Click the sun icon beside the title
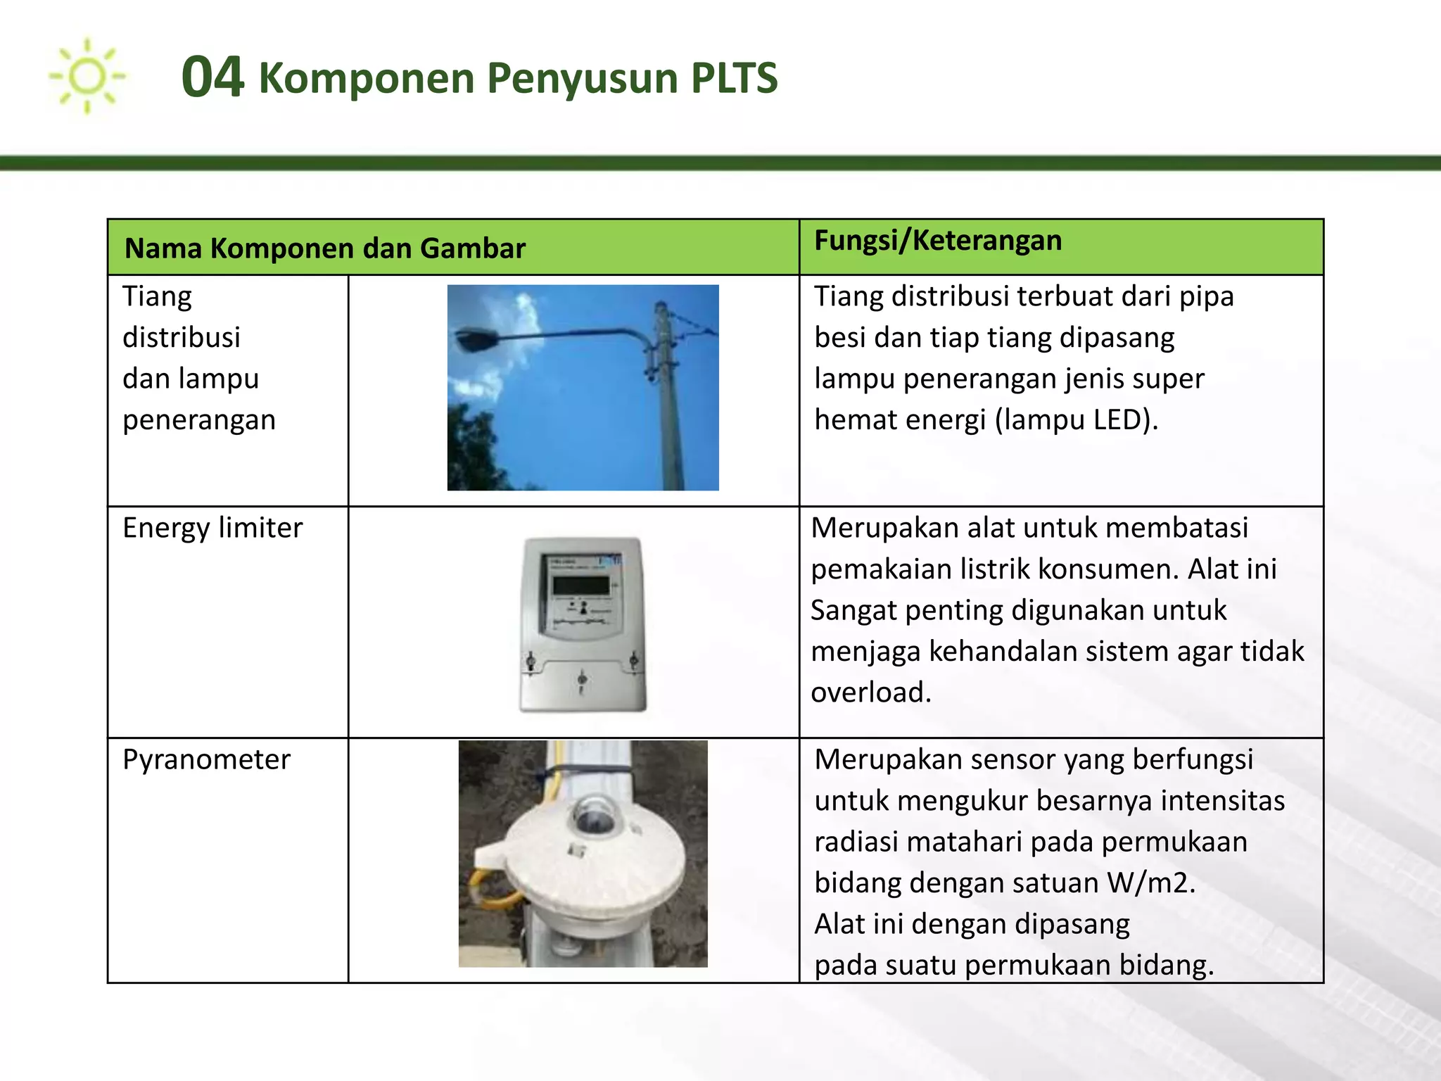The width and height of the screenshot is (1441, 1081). (87, 76)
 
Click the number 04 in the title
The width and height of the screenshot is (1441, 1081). (212, 77)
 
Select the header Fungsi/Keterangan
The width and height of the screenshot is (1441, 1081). (937, 241)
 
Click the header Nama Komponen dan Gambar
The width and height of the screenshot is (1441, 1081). (324, 248)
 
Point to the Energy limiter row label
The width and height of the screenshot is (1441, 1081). (212, 528)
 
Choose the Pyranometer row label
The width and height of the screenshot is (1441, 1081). (206, 759)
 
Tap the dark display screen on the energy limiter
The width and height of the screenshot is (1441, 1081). (580, 584)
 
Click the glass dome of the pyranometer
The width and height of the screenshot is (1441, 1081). (595, 814)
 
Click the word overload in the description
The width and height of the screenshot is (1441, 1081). (870, 693)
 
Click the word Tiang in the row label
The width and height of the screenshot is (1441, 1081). (157, 296)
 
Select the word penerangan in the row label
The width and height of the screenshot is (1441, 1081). (199, 420)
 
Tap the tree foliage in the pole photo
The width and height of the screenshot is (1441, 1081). (475, 450)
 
